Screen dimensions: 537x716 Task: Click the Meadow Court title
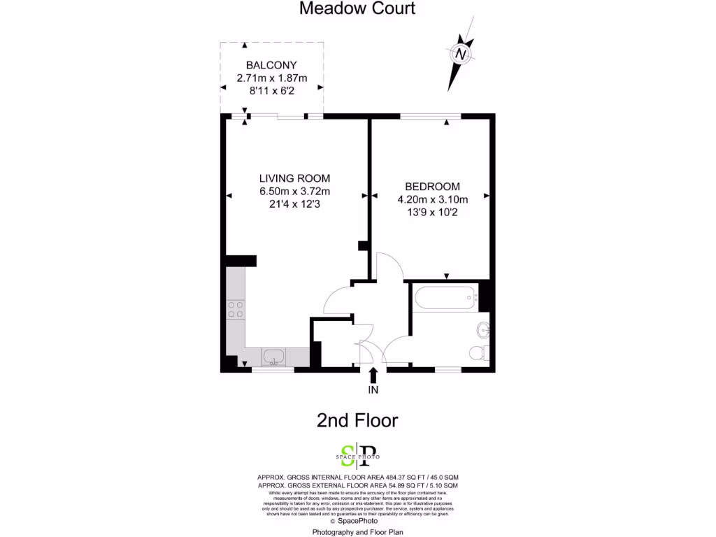(357, 8)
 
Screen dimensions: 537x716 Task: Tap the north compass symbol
(461, 54)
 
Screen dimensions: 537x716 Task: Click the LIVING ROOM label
(294, 178)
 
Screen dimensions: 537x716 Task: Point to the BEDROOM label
(432, 187)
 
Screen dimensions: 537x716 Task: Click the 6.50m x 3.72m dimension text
(294, 192)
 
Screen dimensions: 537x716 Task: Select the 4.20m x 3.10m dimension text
(432, 199)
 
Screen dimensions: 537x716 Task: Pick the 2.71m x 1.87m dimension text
(271, 78)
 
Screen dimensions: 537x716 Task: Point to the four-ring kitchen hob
(236, 309)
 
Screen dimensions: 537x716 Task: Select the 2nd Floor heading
(357, 420)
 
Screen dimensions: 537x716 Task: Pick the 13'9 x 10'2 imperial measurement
(432, 212)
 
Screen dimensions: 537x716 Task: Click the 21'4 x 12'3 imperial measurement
(294, 204)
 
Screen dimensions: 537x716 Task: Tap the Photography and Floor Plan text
(357, 531)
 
